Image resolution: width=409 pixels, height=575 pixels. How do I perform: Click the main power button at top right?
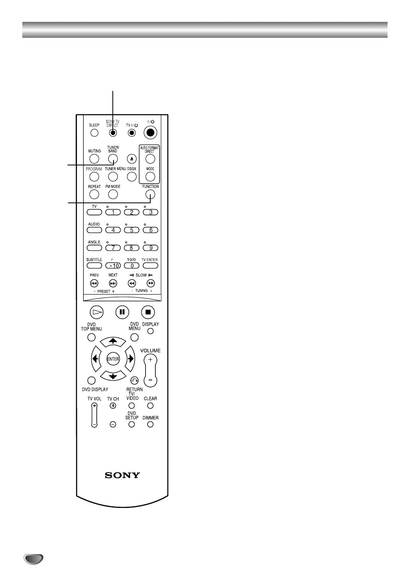(x=150, y=133)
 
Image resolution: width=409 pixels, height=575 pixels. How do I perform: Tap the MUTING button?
(x=94, y=159)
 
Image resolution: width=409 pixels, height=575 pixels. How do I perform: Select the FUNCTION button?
(x=150, y=194)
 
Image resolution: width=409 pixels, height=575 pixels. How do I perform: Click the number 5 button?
(x=132, y=230)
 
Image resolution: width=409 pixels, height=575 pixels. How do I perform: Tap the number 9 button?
(x=150, y=248)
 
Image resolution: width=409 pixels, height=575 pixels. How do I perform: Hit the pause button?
(x=122, y=312)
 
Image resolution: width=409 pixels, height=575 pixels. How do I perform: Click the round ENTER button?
(x=113, y=359)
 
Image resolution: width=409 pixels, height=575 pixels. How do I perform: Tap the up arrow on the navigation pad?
(x=113, y=341)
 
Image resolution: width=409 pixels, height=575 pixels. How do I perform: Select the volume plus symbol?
(x=150, y=359)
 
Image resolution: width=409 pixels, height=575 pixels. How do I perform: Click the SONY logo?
(x=122, y=475)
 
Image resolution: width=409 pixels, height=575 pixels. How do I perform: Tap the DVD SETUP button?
(x=132, y=424)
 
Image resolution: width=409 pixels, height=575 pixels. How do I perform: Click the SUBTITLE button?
(x=94, y=266)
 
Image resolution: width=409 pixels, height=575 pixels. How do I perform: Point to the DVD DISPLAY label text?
(x=95, y=389)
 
